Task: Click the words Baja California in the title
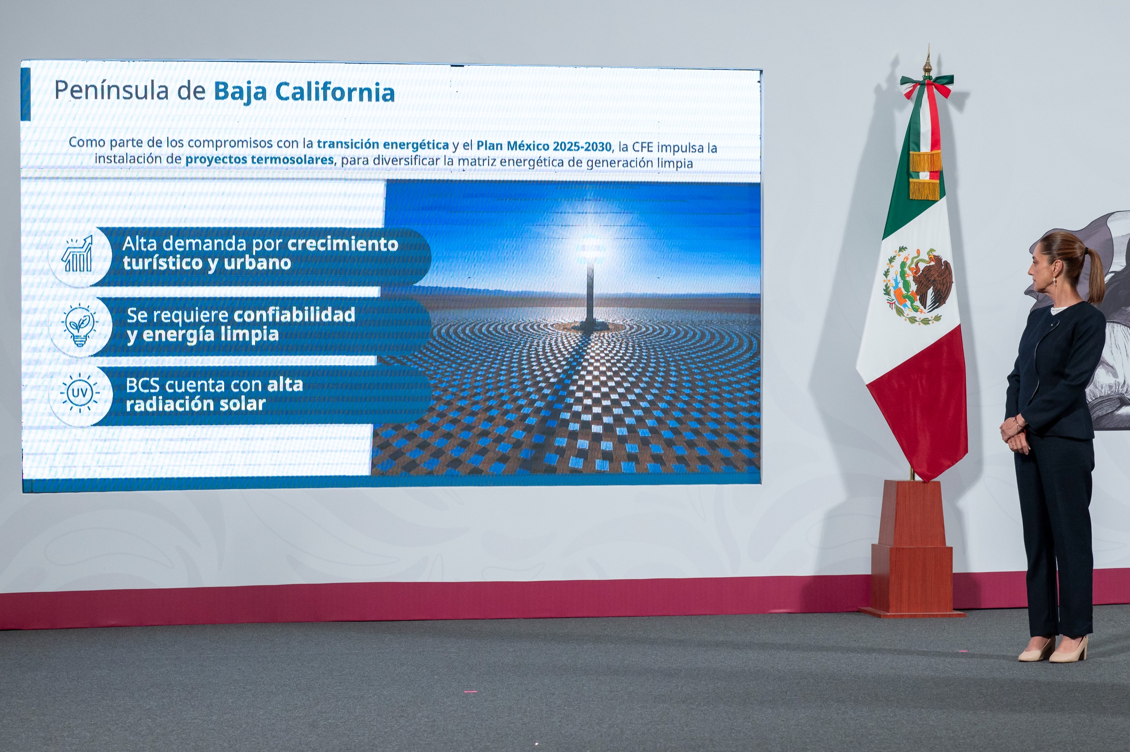point(304,92)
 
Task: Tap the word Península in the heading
point(112,90)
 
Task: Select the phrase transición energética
point(383,144)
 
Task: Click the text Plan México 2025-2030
point(544,146)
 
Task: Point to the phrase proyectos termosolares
point(260,160)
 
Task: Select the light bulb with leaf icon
point(79,325)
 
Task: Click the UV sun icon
point(79,393)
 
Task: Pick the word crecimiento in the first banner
point(342,244)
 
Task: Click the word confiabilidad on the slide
point(294,315)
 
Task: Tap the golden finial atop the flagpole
point(927,62)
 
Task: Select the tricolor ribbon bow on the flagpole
point(926,86)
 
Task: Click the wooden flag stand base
point(912,552)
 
